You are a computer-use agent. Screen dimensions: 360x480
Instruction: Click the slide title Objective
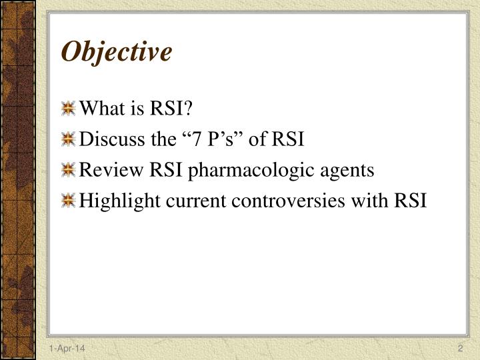pos(117,51)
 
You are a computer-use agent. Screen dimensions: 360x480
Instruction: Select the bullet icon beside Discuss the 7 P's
pos(68,139)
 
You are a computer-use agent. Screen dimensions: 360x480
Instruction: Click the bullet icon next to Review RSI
pos(68,170)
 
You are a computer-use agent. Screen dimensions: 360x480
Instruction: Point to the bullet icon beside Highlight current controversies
pos(68,201)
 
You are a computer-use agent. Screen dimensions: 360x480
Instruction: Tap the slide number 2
pos(460,350)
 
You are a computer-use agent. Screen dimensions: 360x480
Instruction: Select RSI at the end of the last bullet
pos(410,201)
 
